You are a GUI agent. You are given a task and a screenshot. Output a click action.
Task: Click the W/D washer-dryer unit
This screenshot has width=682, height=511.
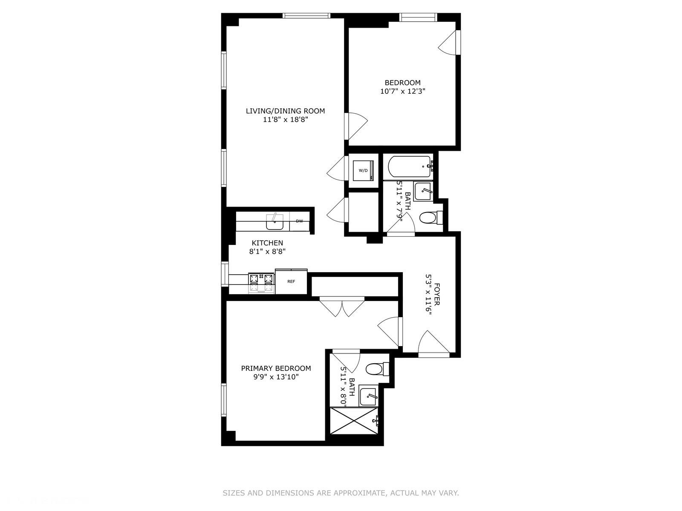pos(363,170)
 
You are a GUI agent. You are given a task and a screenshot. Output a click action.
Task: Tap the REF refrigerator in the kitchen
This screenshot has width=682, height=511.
pos(291,281)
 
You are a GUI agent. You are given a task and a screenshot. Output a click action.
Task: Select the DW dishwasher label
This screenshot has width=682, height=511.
pos(299,221)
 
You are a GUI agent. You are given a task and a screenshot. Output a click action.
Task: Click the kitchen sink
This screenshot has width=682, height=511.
pos(275,222)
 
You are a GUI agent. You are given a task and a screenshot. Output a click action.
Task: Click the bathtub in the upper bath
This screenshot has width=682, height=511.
pos(409,167)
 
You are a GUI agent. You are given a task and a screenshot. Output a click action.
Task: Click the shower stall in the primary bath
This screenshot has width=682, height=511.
pos(354,421)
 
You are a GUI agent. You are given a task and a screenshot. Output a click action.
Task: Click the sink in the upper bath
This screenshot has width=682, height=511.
pos(423,192)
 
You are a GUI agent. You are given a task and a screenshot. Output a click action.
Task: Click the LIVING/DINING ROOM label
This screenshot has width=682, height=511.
pos(285,111)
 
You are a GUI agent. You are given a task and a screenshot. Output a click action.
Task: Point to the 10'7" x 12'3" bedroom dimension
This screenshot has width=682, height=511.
pos(403,91)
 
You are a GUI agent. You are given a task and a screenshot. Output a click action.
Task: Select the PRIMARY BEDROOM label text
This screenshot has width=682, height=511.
pos(276,368)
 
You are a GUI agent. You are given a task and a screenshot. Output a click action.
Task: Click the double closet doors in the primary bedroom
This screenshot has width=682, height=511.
pos(342,307)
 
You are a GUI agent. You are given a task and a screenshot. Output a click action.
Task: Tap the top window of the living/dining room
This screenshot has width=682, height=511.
pos(306,16)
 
